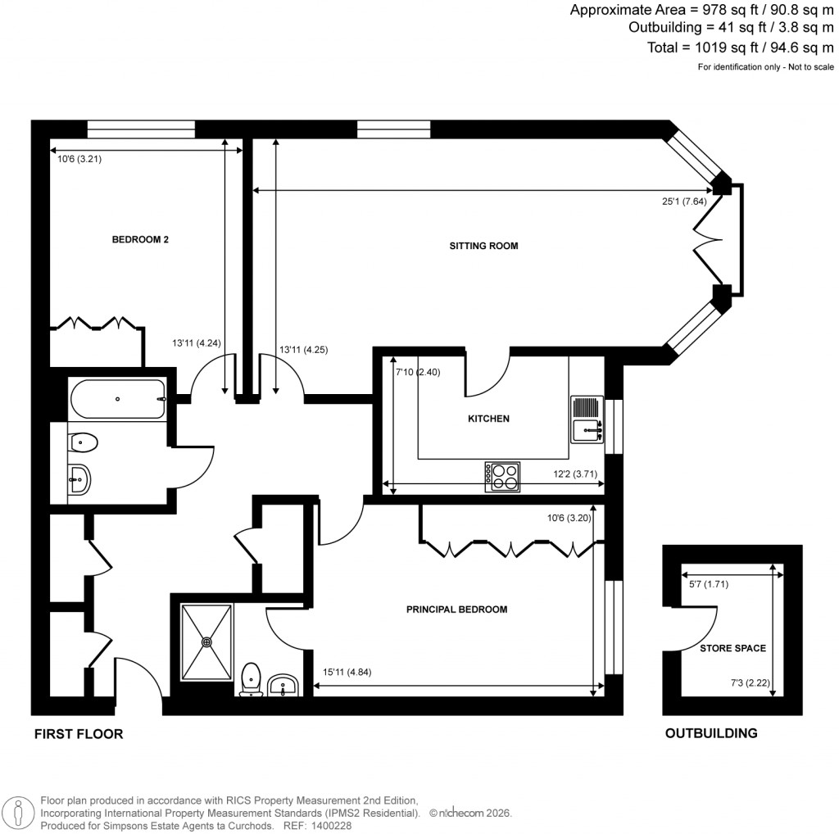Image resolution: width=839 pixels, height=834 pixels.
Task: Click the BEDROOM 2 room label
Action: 140,240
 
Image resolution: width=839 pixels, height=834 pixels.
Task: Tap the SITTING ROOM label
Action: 483,246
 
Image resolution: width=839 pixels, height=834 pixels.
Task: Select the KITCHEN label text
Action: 488,419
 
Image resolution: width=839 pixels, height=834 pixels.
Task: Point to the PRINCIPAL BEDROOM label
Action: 457,610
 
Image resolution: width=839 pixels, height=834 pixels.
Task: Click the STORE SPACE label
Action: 732,648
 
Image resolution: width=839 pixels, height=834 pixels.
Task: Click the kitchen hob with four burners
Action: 502,477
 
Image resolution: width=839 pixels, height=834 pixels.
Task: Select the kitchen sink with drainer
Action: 587,419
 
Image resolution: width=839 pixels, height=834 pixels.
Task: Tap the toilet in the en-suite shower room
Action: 252,680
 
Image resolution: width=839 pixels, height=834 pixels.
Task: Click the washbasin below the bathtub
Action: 80,478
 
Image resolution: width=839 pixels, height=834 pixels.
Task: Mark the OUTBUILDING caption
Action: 710,733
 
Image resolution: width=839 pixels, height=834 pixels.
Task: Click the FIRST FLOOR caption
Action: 79,734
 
